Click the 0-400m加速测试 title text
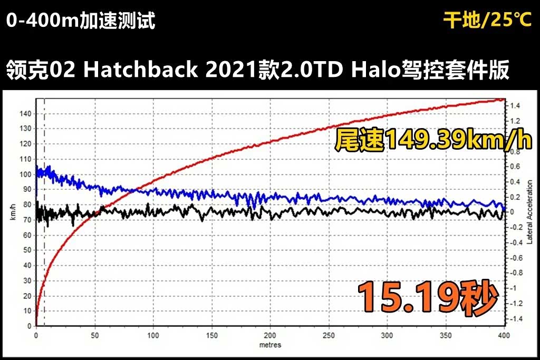point(81,21)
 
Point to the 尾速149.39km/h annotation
point(431,140)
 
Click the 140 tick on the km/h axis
point(25,114)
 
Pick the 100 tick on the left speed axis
point(25,174)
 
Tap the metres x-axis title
point(270,345)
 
